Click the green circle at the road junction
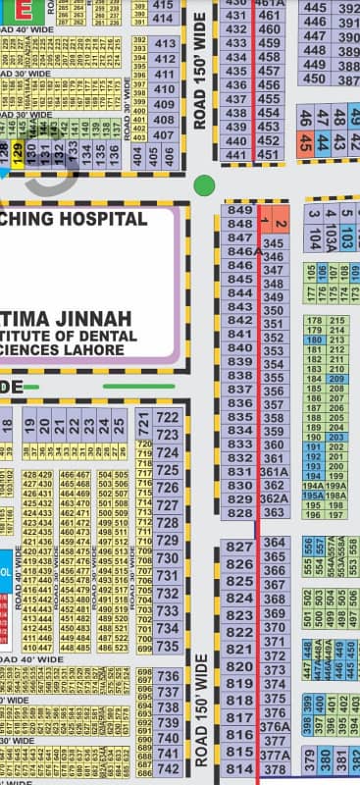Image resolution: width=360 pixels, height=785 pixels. (204, 184)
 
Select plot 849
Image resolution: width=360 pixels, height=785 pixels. (239, 211)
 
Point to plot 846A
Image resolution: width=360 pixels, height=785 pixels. (241, 252)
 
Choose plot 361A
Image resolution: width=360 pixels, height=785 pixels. (275, 472)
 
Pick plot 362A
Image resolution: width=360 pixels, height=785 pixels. (275, 498)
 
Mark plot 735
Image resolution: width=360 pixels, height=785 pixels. (168, 647)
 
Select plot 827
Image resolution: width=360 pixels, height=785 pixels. (239, 547)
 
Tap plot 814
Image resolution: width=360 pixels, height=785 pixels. (239, 767)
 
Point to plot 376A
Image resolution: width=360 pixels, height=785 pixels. (275, 727)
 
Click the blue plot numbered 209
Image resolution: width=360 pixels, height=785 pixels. (336, 379)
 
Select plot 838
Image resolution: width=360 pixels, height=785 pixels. (239, 376)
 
